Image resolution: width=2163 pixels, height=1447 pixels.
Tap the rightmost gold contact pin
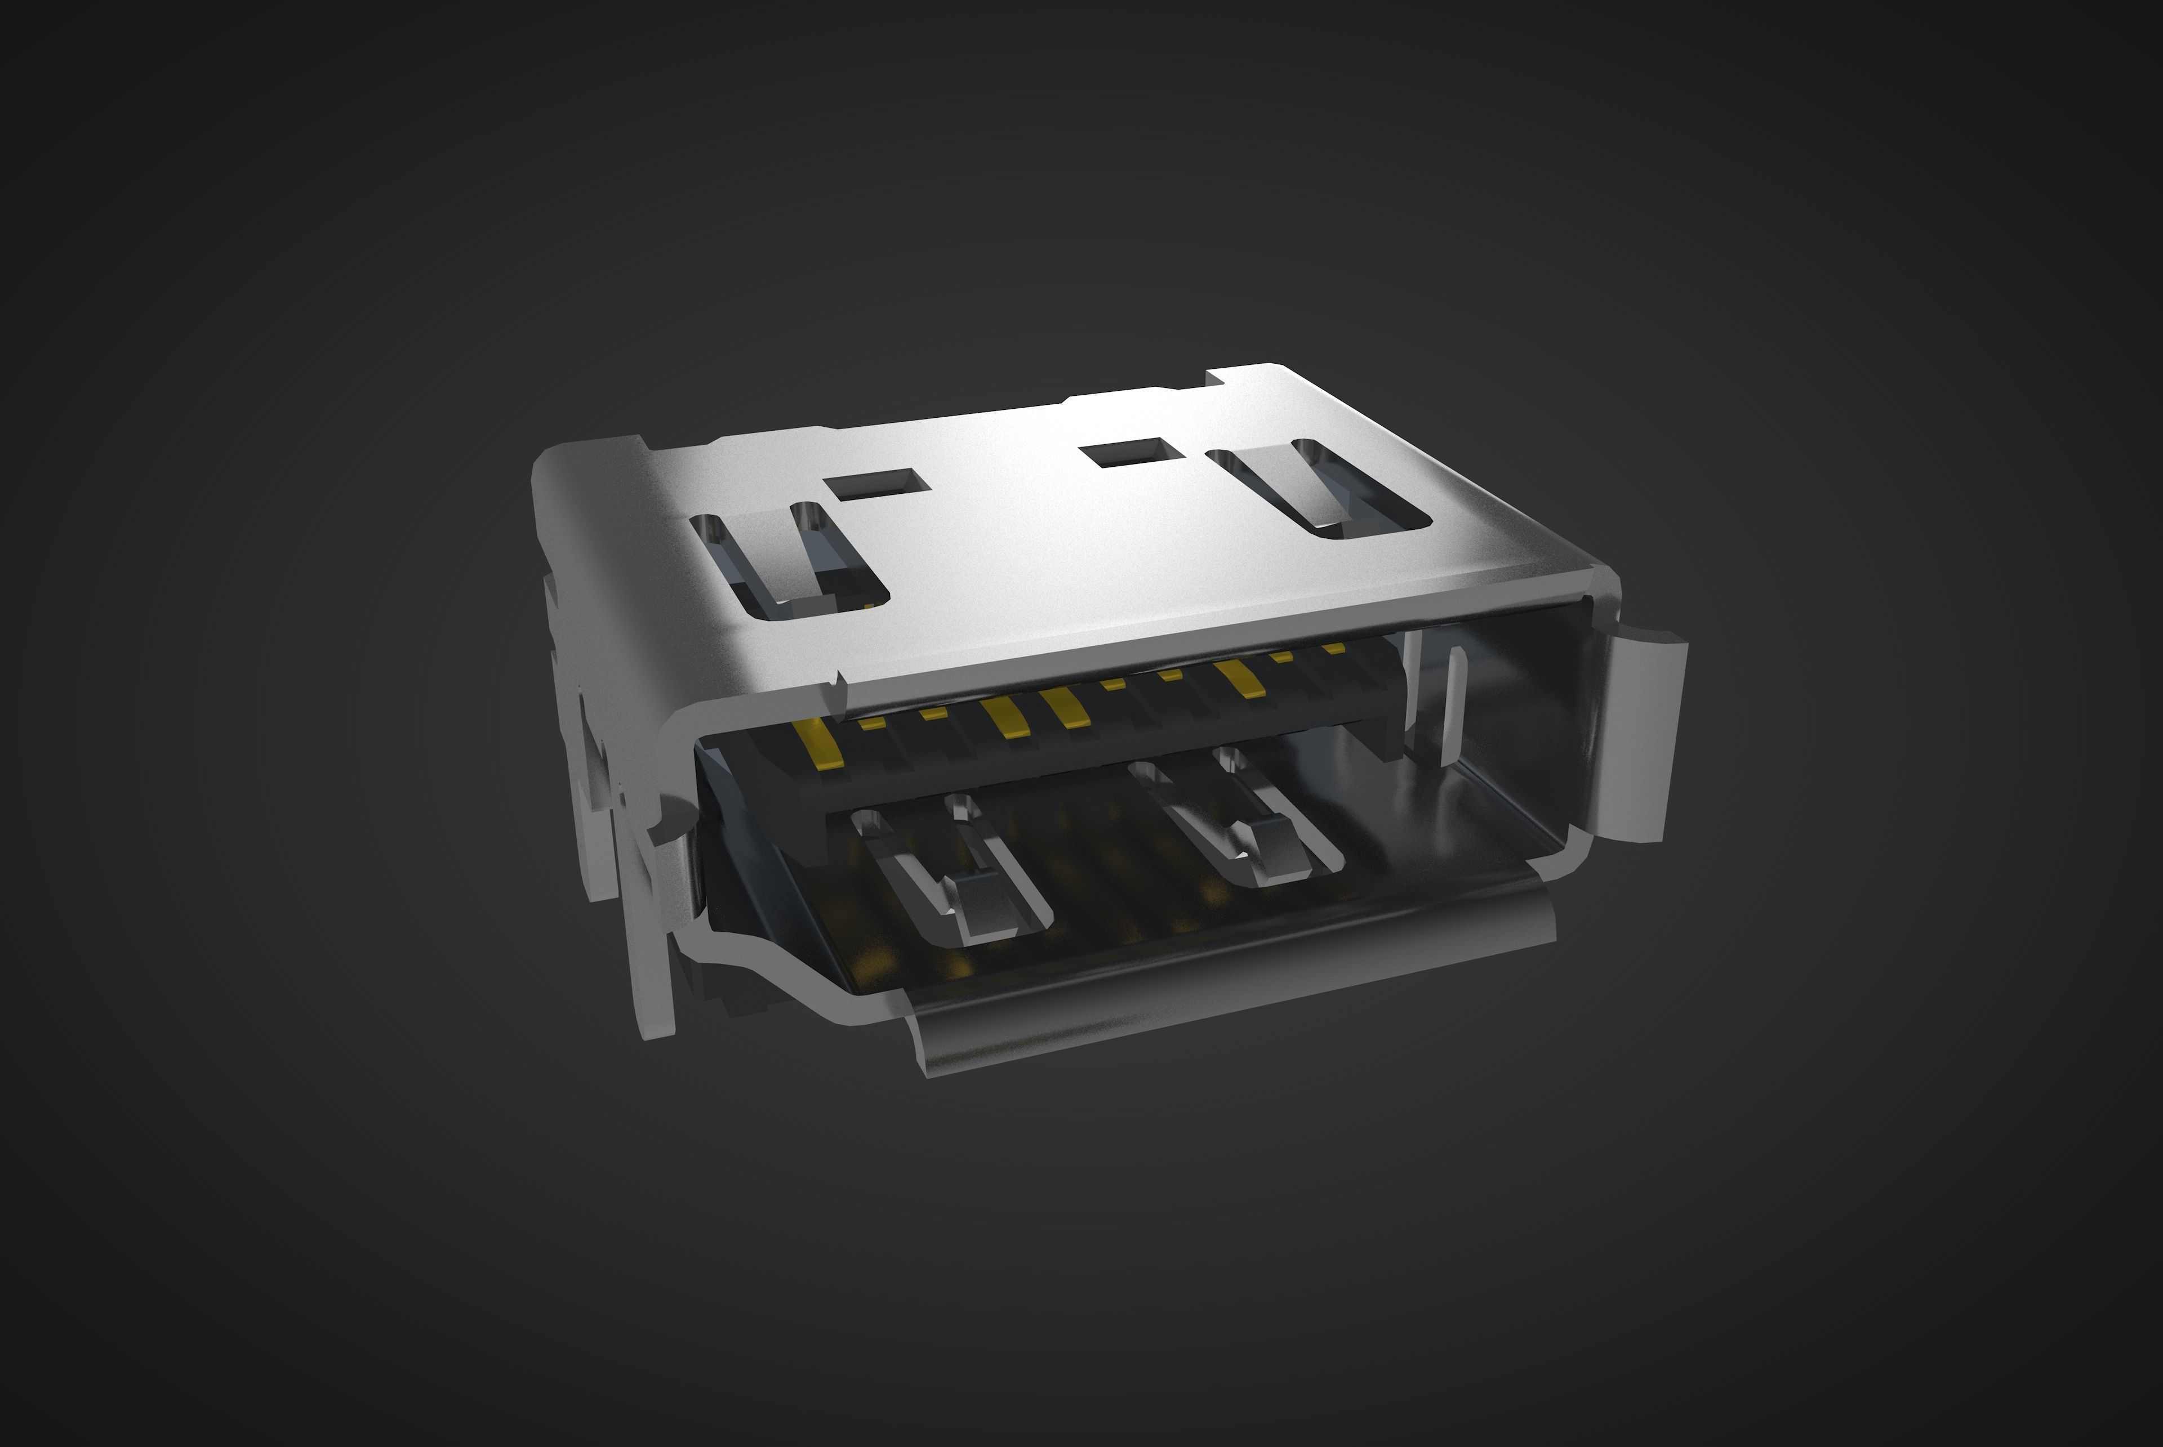1333,649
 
